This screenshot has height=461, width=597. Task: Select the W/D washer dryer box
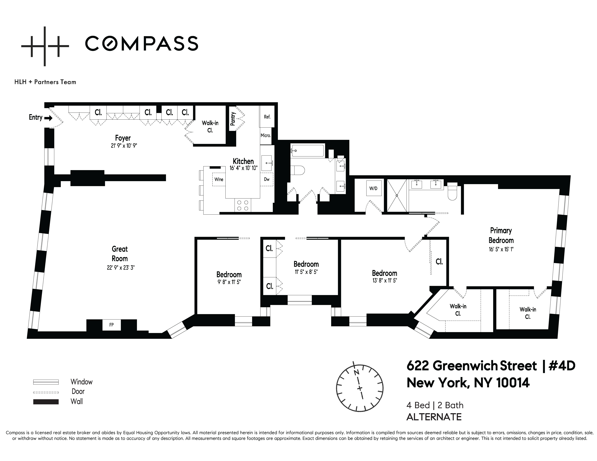click(373, 188)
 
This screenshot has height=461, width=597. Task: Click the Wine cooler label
click(219, 179)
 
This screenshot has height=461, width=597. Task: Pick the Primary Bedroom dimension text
click(501, 249)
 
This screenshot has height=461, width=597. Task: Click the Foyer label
click(123, 138)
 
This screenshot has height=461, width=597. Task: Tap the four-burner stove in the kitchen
click(242, 205)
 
